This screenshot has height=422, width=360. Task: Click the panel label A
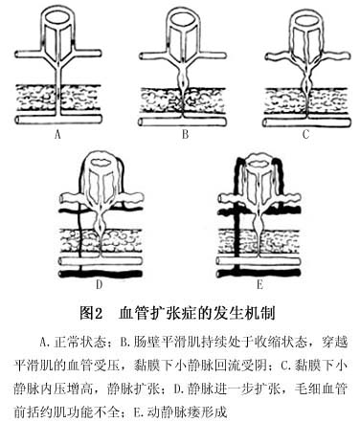pos(57,135)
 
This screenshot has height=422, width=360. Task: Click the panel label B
pos(185,134)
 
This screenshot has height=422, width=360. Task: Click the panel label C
pos(306,134)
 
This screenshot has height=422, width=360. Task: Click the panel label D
pos(100,284)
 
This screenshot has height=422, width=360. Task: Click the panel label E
pos(259,284)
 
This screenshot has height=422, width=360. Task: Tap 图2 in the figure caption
pos(91,314)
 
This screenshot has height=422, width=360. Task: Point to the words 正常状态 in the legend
pos(79,343)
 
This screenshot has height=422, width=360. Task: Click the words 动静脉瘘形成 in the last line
pos(187,412)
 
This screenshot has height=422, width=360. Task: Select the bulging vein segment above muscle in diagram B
pos(182,78)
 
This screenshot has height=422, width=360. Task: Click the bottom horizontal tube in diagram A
pos(58,121)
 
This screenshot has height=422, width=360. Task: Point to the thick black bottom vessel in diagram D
pos(101,274)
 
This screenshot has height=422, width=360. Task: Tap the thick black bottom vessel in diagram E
pos(259,274)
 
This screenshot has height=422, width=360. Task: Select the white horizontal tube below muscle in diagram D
pos(101,261)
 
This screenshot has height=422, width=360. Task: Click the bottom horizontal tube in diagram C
pos(306,122)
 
